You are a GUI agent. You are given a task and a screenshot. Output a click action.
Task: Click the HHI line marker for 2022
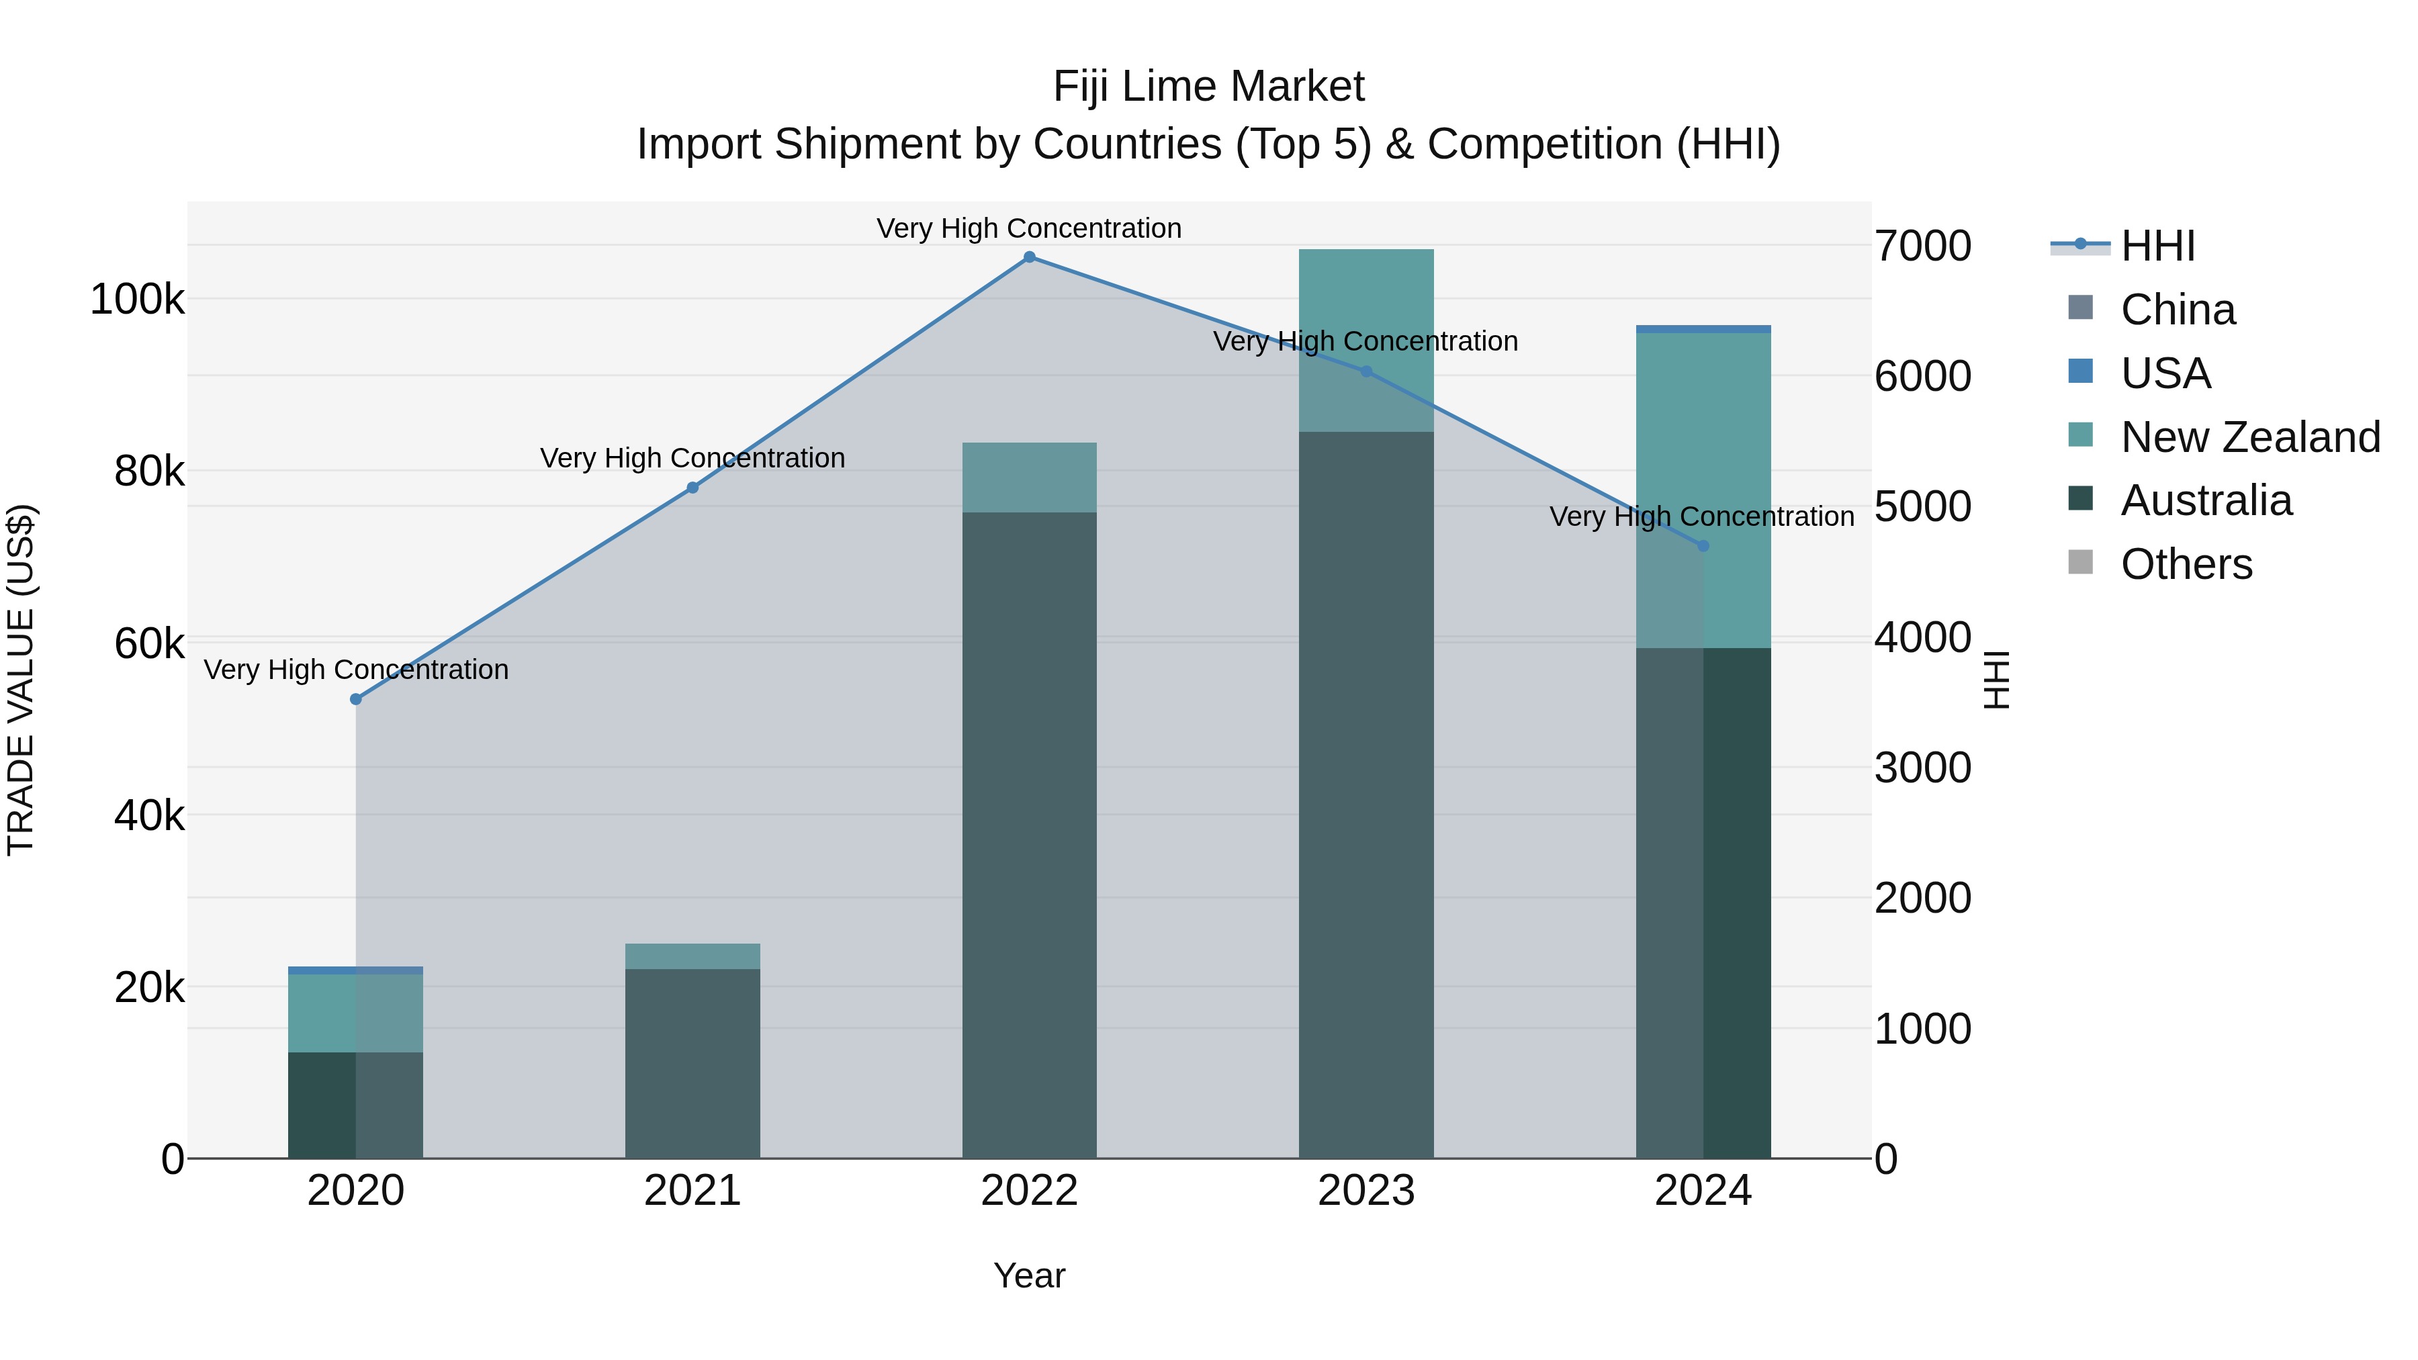[x=1029, y=257]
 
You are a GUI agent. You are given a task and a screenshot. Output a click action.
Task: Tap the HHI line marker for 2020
[x=356, y=699]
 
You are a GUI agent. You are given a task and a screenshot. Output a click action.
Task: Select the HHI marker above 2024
[x=1703, y=546]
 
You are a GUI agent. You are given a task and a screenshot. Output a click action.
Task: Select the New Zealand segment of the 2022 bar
[x=1029, y=477]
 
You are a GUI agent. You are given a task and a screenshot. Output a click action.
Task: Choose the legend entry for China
[x=2178, y=310]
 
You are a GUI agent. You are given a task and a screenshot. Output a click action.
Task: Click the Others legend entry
[x=2186, y=565]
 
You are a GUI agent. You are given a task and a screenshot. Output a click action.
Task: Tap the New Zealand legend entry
[x=2250, y=437]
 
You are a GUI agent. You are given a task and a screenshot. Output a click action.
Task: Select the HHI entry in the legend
[x=2157, y=246]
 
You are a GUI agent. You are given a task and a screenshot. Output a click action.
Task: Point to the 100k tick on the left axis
[x=137, y=300]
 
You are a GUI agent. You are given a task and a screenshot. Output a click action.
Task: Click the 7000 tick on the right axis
[x=1922, y=246]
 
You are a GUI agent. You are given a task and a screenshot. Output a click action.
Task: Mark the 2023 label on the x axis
[x=1365, y=1191]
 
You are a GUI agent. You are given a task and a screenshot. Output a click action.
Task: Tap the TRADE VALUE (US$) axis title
[x=21, y=680]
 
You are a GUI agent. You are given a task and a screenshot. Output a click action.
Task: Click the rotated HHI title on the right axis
[x=1997, y=680]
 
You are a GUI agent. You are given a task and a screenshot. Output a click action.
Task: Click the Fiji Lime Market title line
[x=1208, y=87]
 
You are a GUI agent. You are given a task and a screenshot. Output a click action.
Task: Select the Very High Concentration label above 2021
[x=692, y=458]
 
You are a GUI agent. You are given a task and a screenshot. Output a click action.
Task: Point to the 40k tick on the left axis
[x=148, y=815]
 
